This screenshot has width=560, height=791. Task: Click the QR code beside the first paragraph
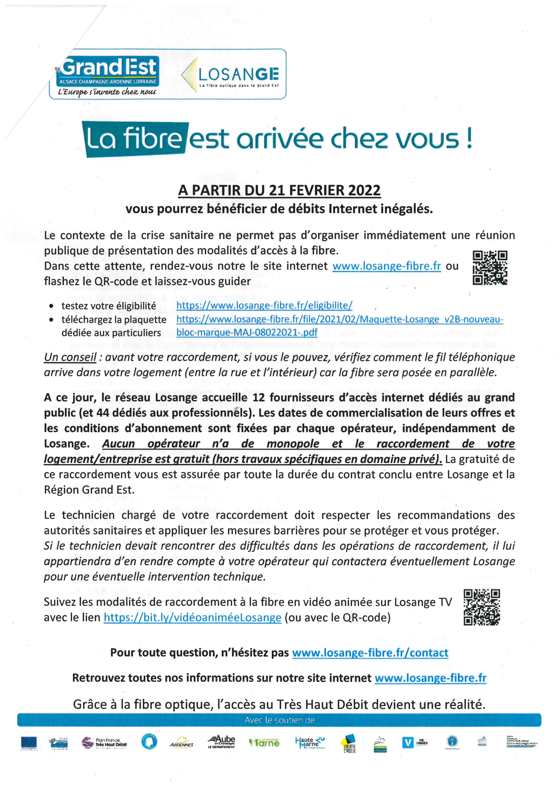(490, 268)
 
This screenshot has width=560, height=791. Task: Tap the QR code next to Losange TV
(482, 607)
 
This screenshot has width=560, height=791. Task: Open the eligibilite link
(264, 305)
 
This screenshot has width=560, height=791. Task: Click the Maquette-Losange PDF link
(340, 319)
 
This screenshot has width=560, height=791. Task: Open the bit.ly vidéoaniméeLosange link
(192, 617)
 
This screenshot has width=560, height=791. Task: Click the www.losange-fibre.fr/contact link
(370, 653)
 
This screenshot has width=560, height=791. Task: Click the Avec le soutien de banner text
(280, 720)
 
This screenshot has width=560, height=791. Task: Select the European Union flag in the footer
(29, 743)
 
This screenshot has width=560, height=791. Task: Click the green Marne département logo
(264, 743)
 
